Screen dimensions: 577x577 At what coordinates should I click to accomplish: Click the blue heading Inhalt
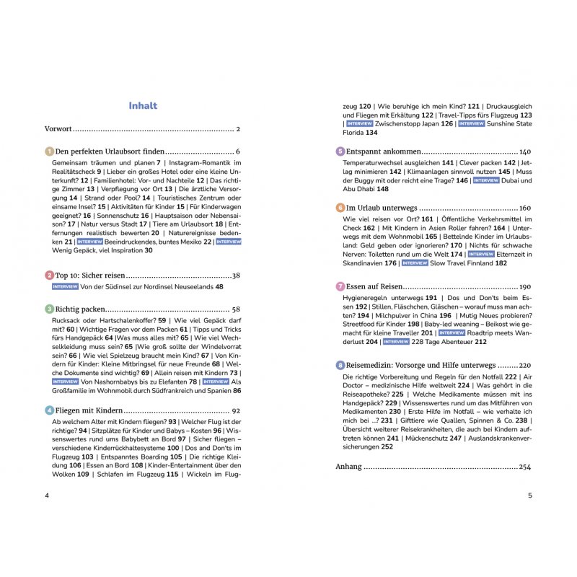(143, 105)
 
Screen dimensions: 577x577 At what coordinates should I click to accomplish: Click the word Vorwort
(58, 129)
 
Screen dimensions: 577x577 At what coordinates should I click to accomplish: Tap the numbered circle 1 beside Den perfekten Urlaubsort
(49, 152)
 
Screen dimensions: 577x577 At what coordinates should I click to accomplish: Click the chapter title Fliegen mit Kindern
(91, 410)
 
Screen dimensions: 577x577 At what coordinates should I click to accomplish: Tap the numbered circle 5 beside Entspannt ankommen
(340, 152)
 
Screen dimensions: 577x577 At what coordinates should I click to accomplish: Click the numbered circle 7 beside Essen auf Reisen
(340, 286)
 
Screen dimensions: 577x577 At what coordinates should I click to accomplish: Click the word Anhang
(348, 467)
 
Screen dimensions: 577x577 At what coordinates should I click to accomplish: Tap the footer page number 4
(47, 495)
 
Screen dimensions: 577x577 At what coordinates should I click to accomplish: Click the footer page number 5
(529, 495)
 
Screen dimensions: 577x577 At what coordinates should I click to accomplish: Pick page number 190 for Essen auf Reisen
(524, 286)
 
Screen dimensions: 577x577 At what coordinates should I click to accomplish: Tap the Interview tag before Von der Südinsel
(65, 286)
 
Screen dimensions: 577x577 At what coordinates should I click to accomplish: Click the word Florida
(353, 133)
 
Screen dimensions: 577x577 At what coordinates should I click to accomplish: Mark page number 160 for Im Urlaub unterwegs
(524, 208)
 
